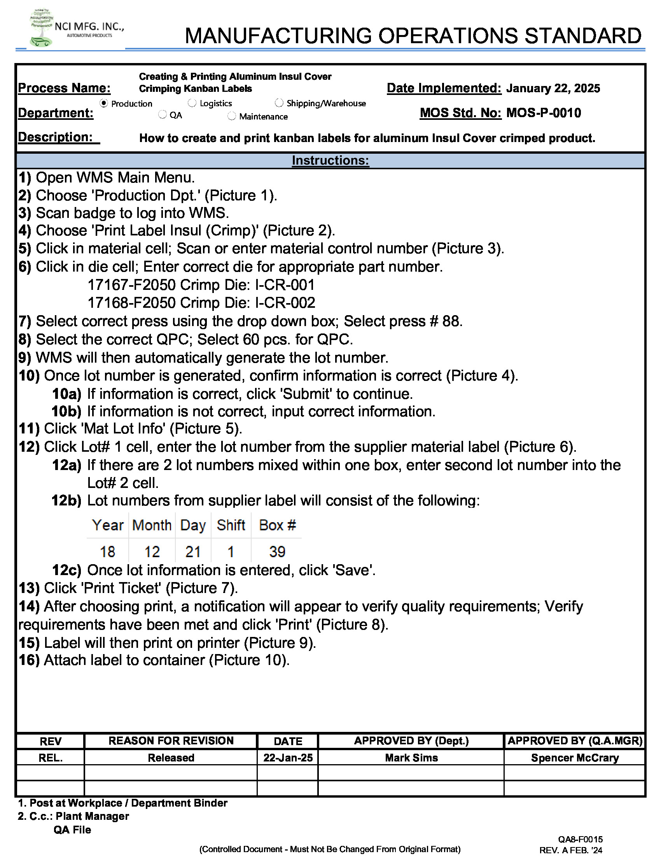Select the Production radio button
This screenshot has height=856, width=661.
pyautogui.click(x=104, y=103)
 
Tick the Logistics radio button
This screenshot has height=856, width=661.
pyautogui.click(x=192, y=103)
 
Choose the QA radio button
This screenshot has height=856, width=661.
pyautogui.click(x=163, y=114)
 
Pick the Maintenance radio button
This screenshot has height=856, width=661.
pyautogui.click(x=232, y=116)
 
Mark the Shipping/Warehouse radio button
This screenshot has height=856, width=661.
pyautogui.click(x=279, y=103)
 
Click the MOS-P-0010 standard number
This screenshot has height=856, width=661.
pyautogui.click(x=544, y=113)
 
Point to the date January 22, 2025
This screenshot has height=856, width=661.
pyautogui.click(x=553, y=88)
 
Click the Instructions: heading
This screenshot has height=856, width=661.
pyautogui.click(x=330, y=160)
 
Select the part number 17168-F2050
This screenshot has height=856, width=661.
pyautogui.click(x=131, y=303)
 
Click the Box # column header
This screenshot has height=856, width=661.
pyautogui.click(x=277, y=525)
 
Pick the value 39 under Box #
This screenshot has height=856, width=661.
pyautogui.click(x=277, y=552)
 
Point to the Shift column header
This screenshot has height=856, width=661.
pyautogui.click(x=231, y=525)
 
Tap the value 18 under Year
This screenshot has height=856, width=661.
pyautogui.click(x=107, y=552)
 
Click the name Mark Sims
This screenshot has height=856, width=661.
pyautogui.click(x=411, y=758)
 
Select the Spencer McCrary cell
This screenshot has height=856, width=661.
pyautogui.click(x=574, y=758)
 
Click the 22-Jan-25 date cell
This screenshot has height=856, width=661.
pyautogui.click(x=288, y=758)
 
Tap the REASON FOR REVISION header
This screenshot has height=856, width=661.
pyautogui.click(x=171, y=740)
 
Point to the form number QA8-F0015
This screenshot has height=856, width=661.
pyautogui.click(x=581, y=839)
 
